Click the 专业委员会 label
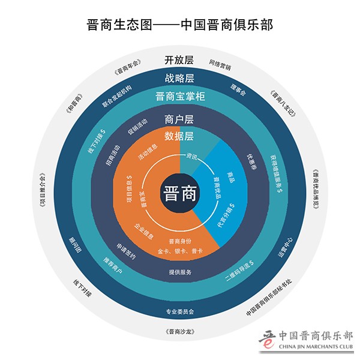pyautogui.click(x=180, y=312)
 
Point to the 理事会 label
pyautogui.click(x=238, y=90)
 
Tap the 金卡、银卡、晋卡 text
pyautogui.click(x=180, y=251)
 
